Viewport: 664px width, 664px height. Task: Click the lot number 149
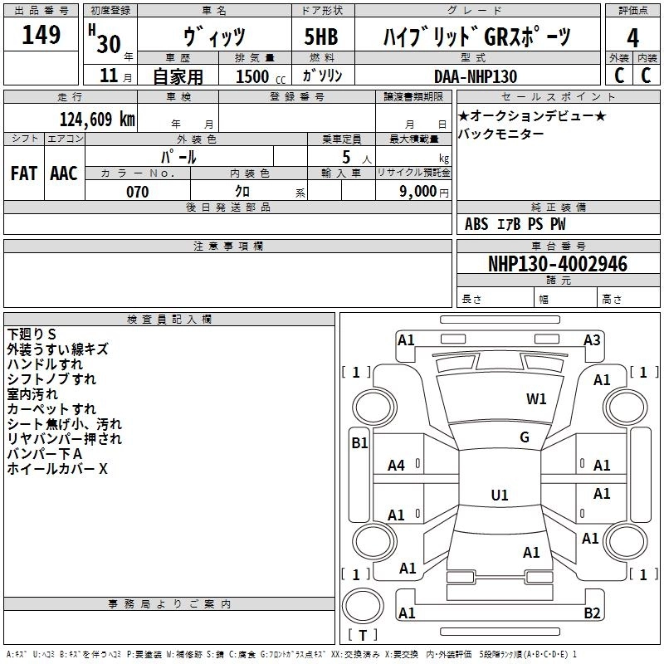[41, 34]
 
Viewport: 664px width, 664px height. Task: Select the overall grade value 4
[632, 37]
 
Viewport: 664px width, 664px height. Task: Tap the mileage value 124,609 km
[97, 119]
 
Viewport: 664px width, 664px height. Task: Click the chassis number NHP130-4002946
[558, 264]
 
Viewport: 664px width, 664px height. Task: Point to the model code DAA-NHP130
[476, 76]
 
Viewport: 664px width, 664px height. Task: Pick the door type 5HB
[321, 37]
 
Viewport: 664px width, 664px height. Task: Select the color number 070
[138, 192]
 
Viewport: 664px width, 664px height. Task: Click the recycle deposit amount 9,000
[418, 191]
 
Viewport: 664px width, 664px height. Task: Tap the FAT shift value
[24, 173]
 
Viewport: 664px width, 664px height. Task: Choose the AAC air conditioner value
[64, 173]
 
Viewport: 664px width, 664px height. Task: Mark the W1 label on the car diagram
[536, 398]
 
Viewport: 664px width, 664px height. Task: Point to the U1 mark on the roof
[500, 495]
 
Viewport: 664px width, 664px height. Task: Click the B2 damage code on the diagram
[592, 613]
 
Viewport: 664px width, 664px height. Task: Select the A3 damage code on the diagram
[592, 339]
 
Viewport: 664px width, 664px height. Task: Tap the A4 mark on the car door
[397, 466]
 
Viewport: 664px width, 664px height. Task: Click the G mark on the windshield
[525, 437]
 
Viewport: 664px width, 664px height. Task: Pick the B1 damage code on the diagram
[359, 443]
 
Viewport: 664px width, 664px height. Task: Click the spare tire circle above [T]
[363, 606]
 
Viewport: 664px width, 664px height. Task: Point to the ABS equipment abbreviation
[476, 224]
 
